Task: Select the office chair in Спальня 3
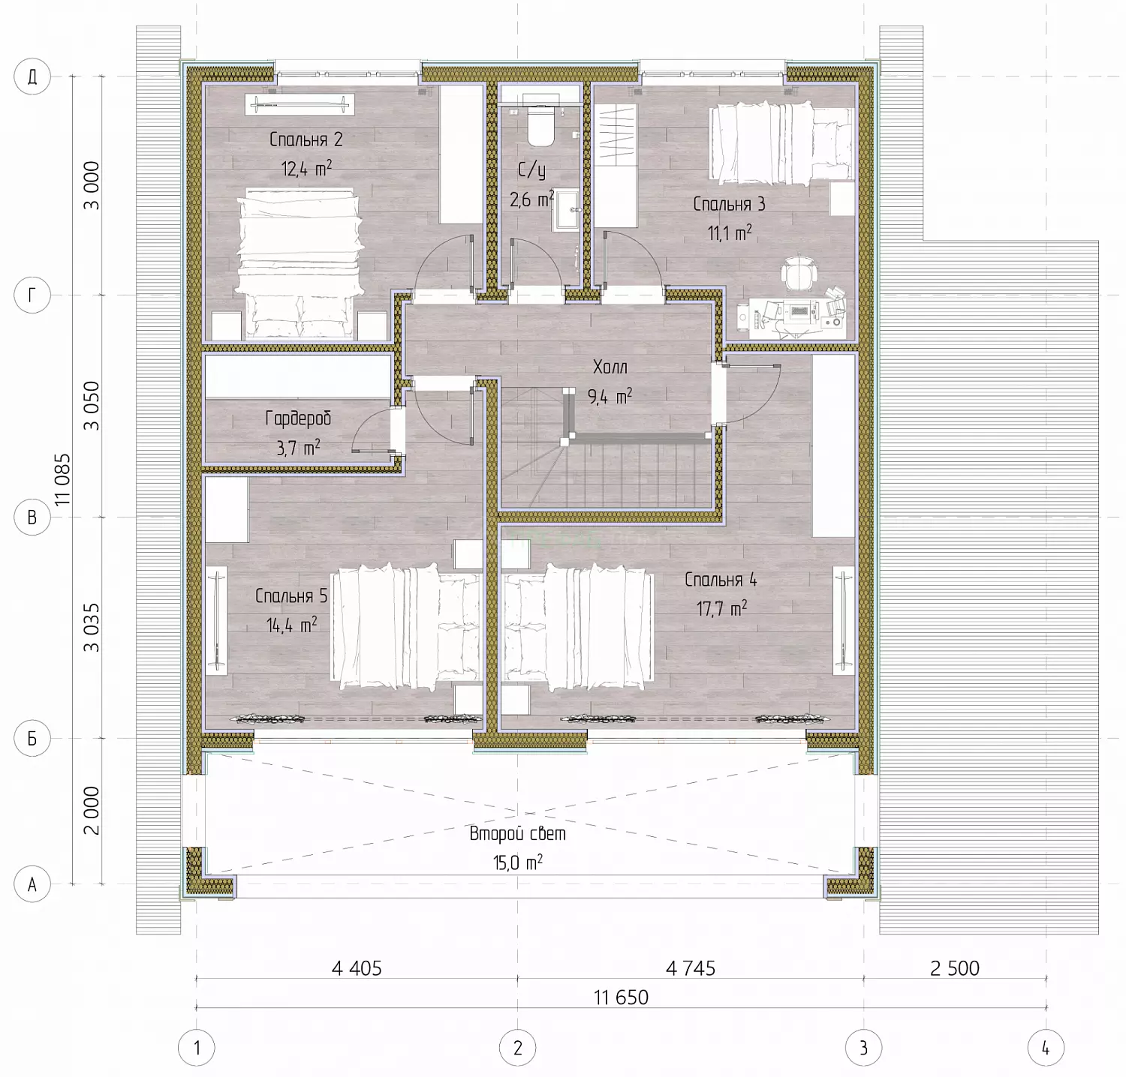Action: point(796,272)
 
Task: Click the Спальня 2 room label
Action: point(306,139)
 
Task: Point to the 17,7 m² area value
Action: point(721,608)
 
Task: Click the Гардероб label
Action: point(298,418)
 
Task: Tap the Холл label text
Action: point(610,367)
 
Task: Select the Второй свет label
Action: point(518,833)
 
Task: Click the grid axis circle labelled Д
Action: point(32,76)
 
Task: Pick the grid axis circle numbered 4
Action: point(1046,1048)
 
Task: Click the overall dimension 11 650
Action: point(621,997)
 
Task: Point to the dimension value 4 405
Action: point(357,968)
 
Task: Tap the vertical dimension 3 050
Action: point(91,406)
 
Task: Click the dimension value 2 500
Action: point(955,968)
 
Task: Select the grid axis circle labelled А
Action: point(32,884)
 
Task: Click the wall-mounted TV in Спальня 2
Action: point(299,105)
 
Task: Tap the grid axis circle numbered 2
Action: point(517,1048)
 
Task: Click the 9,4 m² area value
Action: point(610,396)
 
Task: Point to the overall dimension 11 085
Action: point(62,479)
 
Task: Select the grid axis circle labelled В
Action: point(32,517)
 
